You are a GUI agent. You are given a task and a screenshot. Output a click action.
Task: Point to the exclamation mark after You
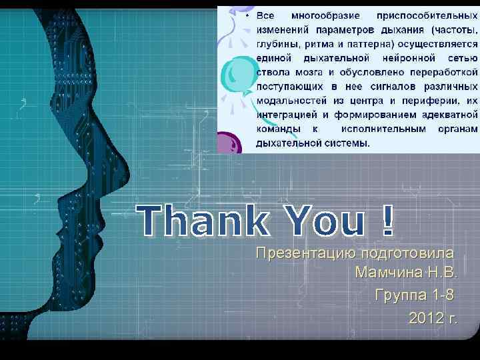[389, 220]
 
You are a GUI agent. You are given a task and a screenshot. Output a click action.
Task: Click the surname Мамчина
[387, 273]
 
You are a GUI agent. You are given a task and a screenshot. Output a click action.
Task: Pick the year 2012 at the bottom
[425, 318]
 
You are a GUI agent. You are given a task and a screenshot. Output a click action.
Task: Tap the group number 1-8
[444, 295]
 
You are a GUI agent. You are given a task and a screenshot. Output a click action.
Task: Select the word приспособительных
[427, 15]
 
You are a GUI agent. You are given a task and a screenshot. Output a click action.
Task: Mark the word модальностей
[291, 101]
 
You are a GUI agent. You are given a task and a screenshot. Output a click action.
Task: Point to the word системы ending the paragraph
[348, 142]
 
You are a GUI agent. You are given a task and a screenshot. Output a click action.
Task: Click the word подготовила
[407, 253]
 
